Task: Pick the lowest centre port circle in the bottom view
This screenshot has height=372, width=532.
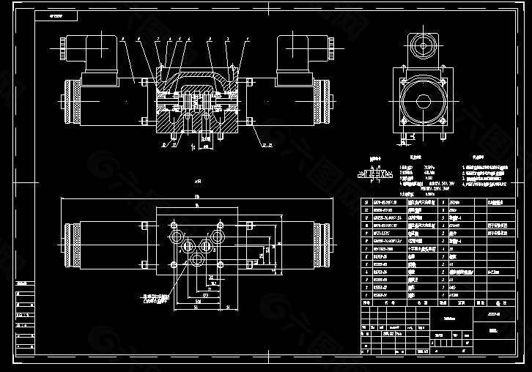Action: click(196, 260)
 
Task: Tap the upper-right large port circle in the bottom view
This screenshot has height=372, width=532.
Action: click(215, 235)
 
